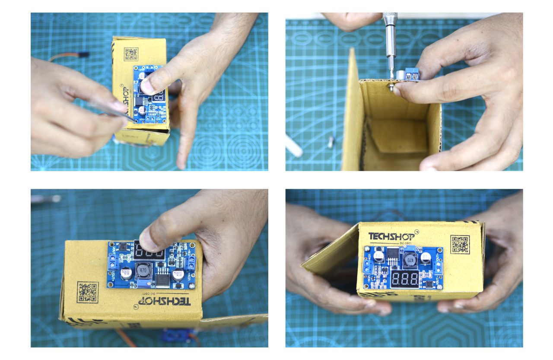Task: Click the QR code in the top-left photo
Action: [131, 54]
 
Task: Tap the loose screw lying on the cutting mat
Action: [331, 142]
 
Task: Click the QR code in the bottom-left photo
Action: [88, 292]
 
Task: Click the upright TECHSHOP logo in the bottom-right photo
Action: [391, 237]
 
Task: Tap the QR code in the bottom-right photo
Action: [460, 244]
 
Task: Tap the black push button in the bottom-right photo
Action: [429, 284]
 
